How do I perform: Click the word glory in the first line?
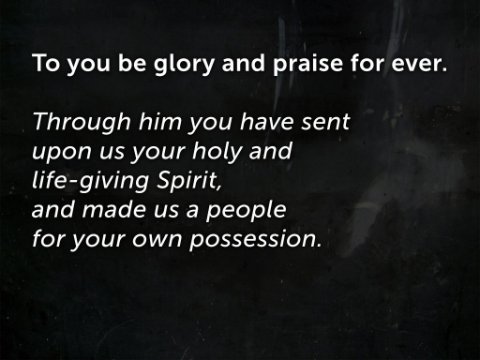(x=184, y=64)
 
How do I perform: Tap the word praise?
(x=308, y=64)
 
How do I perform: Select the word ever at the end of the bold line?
(x=416, y=64)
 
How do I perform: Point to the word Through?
(x=82, y=122)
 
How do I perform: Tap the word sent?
(x=325, y=122)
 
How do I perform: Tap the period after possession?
(x=318, y=245)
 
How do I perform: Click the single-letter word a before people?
(x=192, y=211)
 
